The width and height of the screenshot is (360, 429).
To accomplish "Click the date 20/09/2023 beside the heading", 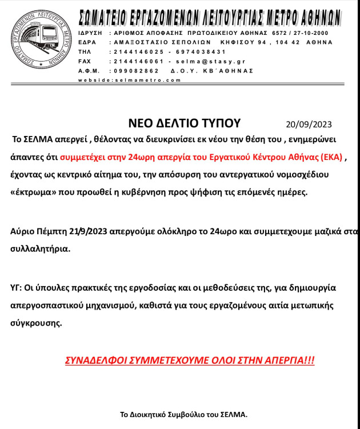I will tap(309, 125).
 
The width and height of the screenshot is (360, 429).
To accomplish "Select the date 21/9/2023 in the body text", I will tap(89, 231).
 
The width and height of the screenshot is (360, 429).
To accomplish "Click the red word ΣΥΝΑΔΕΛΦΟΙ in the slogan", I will tap(97, 361).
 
